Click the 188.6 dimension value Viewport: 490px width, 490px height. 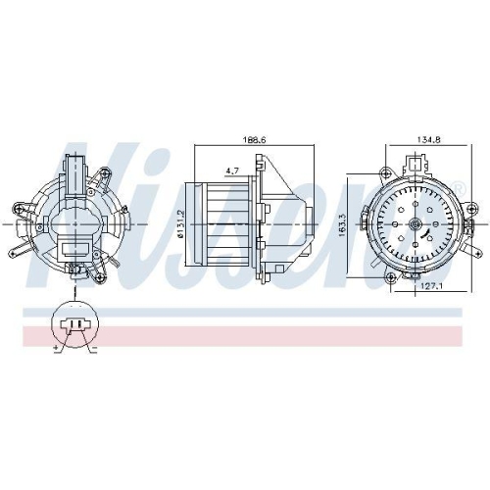255,139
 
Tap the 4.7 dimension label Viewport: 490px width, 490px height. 232,171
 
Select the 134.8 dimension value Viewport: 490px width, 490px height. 428,139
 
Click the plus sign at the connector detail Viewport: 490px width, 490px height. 56,349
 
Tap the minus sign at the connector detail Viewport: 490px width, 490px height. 94,350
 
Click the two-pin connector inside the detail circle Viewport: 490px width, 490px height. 75,324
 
